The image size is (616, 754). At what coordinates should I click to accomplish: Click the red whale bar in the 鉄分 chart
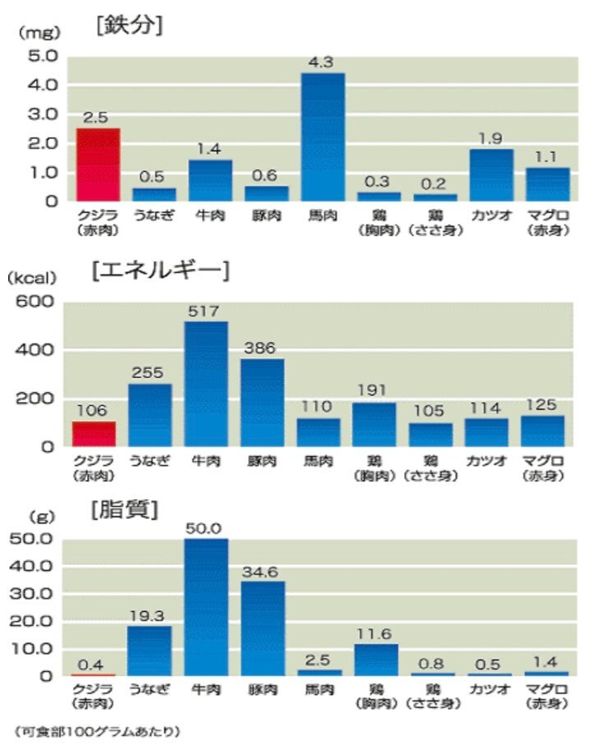pos(98,164)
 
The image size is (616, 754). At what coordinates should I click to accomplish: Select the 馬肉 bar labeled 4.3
pos(322,136)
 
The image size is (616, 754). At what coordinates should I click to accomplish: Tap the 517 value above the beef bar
pos(206,312)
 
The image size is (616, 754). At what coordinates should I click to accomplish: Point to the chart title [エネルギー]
pos(161,270)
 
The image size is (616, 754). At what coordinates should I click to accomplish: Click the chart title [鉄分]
pos(129,25)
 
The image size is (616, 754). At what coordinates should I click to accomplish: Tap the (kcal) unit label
pos(30,278)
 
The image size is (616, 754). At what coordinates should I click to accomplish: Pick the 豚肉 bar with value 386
pos(262,402)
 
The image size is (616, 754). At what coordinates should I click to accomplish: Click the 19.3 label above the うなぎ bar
pos(149,615)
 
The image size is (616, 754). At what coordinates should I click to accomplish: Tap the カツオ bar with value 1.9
pos(492,174)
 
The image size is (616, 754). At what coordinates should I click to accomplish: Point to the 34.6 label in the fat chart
pos(262,570)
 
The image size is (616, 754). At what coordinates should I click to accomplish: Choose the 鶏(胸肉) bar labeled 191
pos(374,424)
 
